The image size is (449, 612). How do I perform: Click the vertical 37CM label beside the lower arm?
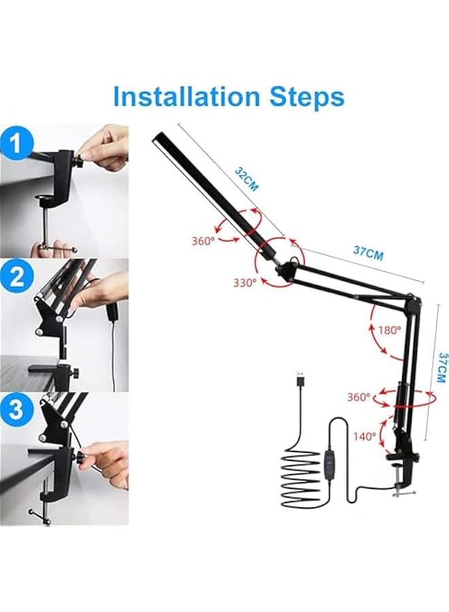pos(442,367)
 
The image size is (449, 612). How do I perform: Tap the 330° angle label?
pos(244,282)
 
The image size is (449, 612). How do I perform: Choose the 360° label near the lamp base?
pos(359,396)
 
